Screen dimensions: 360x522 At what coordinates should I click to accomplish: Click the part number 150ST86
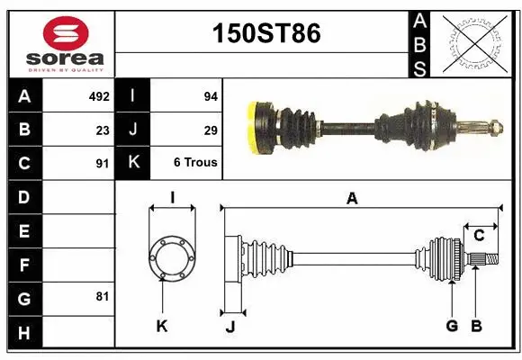(265, 34)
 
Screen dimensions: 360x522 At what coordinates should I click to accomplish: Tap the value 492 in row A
(99, 95)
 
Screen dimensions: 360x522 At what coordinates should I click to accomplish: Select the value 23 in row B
(103, 130)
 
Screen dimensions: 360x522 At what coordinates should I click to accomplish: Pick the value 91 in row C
(103, 164)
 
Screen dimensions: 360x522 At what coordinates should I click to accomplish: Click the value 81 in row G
(103, 295)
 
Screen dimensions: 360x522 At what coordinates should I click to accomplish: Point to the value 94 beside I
(211, 95)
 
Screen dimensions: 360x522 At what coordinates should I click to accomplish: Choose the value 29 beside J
(211, 130)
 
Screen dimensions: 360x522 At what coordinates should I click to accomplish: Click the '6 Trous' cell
(195, 163)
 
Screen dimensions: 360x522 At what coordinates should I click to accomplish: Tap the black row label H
(23, 334)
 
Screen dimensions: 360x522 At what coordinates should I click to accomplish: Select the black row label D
(23, 196)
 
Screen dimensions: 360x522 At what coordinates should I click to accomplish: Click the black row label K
(133, 163)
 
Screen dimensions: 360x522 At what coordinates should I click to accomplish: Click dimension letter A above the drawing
(352, 199)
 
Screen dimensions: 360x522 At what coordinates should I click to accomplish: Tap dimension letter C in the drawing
(479, 236)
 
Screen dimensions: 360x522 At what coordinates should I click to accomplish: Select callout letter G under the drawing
(452, 326)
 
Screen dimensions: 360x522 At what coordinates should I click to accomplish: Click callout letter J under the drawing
(229, 327)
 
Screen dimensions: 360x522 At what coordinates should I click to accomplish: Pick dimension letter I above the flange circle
(171, 198)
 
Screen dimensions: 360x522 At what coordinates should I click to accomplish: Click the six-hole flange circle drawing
(171, 257)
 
